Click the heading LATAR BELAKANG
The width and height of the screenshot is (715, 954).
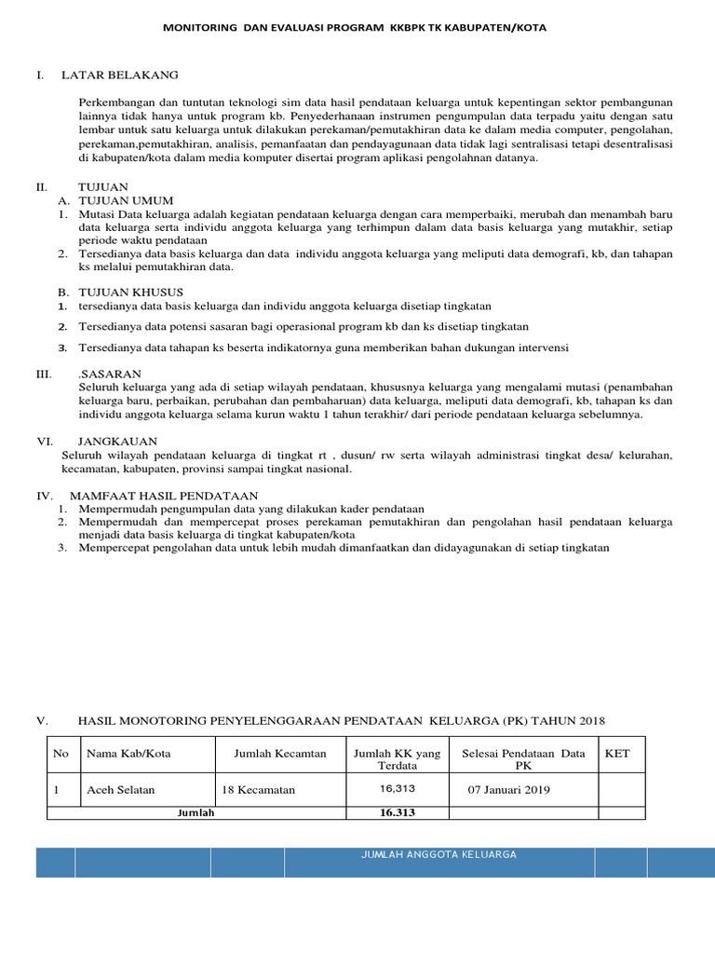[x=119, y=75]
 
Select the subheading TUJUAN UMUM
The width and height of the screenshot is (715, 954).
[x=126, y=200]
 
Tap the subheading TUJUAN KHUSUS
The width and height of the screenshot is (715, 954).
[x=130, y=292]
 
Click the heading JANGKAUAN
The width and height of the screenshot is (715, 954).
[x=117, y=441]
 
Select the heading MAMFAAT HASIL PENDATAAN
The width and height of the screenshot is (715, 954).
[x=168, y=495]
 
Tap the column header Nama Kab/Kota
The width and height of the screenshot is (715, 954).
[x=128, y=754]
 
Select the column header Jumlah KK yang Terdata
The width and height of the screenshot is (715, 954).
[x=397, y=759]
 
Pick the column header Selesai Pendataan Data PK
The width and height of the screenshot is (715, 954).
[x=523, y=759]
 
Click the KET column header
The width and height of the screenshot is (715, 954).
[x=617, y=754]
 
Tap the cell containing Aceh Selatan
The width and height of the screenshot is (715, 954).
[x=121, y=790]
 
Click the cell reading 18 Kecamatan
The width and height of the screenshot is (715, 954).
[x=258, y=790]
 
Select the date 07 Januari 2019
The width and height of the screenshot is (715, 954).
[x=509, y=790]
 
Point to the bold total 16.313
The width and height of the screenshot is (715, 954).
[x=397, y=812]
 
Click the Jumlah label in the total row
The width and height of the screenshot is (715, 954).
[x=196, y=812]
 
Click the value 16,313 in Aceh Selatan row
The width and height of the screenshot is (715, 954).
[x=397, y=788]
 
